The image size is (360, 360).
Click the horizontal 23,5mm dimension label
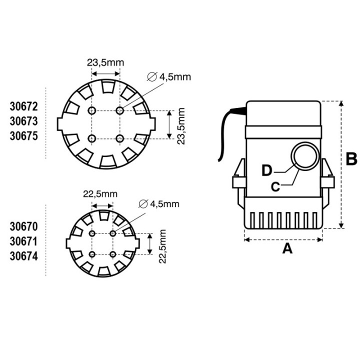105,63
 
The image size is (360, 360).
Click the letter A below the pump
287,248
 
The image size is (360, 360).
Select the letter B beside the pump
352,159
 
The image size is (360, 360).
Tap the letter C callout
274,186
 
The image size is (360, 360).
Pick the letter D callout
267,170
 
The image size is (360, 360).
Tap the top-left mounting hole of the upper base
91,110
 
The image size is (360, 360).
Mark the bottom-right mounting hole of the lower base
113,254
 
